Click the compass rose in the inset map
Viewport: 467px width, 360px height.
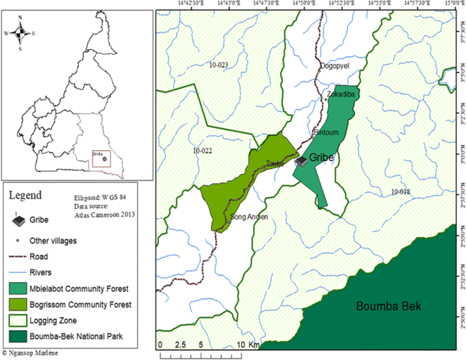coord(20,31)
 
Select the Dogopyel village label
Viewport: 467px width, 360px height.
coord(333,66)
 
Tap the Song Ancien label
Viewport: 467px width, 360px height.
coord(249,217)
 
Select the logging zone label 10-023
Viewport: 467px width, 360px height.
coord(219,65)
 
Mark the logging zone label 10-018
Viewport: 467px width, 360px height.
coord(401,192)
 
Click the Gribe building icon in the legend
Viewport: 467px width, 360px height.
coord(20,221)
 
